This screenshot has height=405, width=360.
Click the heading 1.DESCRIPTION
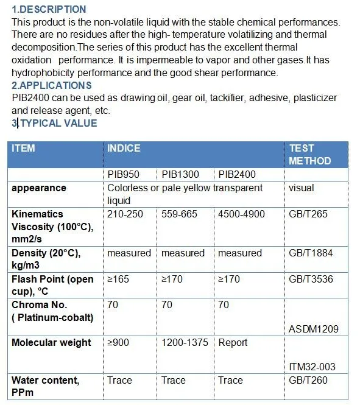pos(49,10)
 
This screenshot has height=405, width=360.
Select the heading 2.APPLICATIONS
pos(52,85)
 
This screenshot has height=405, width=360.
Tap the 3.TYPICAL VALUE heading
pos(54,123)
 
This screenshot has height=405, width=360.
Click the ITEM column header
pos(24,149)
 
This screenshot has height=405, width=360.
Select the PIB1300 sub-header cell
pos(180,174)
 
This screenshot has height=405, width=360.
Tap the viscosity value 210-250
pos(125,214)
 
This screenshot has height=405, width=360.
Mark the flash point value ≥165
pos(118,280)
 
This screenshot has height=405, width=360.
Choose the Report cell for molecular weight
pos(233,343)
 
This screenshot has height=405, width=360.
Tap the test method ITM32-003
pos(312,367)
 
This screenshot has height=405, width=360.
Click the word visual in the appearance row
pos(301,188)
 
